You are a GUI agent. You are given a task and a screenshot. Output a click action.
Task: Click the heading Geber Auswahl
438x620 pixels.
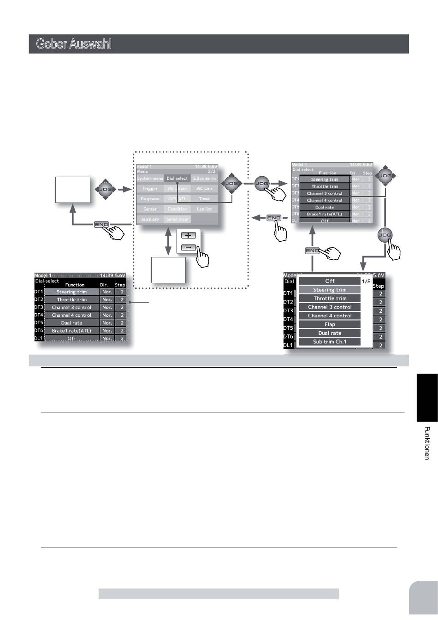[74, 45]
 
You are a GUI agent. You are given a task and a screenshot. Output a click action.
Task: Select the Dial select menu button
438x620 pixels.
[177, 178]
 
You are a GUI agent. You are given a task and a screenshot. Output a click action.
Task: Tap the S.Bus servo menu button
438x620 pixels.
[204, 178]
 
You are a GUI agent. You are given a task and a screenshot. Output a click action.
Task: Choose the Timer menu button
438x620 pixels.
[204, 199]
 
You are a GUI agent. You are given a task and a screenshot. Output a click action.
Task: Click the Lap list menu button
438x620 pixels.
[204, 209]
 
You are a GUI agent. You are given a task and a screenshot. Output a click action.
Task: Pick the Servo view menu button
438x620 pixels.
[177, 220]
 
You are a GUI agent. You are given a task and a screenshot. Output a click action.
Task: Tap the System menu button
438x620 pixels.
[150, 178]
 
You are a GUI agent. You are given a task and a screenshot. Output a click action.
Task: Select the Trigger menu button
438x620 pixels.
[150, 189]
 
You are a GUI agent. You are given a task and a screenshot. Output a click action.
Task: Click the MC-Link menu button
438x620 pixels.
[204, 189]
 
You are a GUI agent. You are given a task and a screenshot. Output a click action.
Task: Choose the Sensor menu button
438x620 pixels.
[150, 209]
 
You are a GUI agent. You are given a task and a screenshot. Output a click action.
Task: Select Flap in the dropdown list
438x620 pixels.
[330, 324]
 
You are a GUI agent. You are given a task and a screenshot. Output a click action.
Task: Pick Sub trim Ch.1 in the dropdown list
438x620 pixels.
[330, 342]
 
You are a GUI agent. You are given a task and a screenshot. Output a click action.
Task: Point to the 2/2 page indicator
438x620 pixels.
[212, 171]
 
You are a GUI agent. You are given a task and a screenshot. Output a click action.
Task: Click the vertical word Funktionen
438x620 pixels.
[427, 443]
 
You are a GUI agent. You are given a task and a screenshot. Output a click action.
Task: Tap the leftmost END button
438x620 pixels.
[101, 225]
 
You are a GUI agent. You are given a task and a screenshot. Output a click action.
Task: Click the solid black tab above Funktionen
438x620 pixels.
[427, 397]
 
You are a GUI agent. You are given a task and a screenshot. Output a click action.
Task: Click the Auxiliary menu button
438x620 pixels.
[150, 220]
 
